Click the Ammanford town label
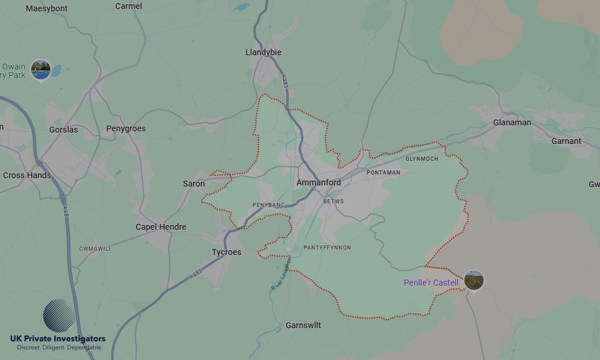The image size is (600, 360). [319, 182]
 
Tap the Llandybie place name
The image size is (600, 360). [263, 52]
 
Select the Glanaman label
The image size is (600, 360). [512, 122]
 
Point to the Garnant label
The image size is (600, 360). [566, 141]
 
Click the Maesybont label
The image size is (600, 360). [47, 8]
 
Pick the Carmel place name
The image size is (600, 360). [129, 6]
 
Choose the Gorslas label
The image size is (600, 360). [64, 130]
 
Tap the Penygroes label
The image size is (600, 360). [126, 128]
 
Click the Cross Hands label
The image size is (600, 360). [27, 175]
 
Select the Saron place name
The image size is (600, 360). [194, 184]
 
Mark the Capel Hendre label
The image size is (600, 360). [161, 227]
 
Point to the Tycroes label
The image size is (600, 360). [227, 252]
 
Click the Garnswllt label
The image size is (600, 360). [303, 325]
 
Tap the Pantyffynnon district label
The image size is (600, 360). [327, 248]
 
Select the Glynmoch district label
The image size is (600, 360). [422, 159]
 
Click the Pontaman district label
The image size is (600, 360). [383, 173]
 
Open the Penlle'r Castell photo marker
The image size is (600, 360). [474, 280]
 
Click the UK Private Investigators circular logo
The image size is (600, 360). [59, 316]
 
